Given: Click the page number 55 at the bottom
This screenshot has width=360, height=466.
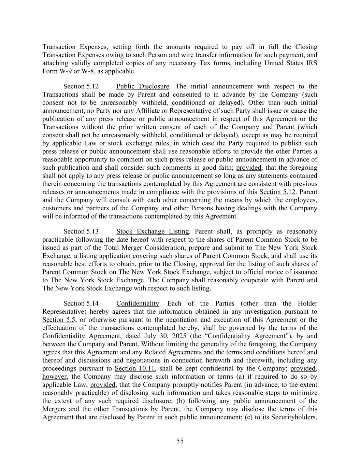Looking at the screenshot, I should pos(180,441).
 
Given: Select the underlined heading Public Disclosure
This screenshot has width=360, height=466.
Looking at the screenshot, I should pos(143,86).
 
